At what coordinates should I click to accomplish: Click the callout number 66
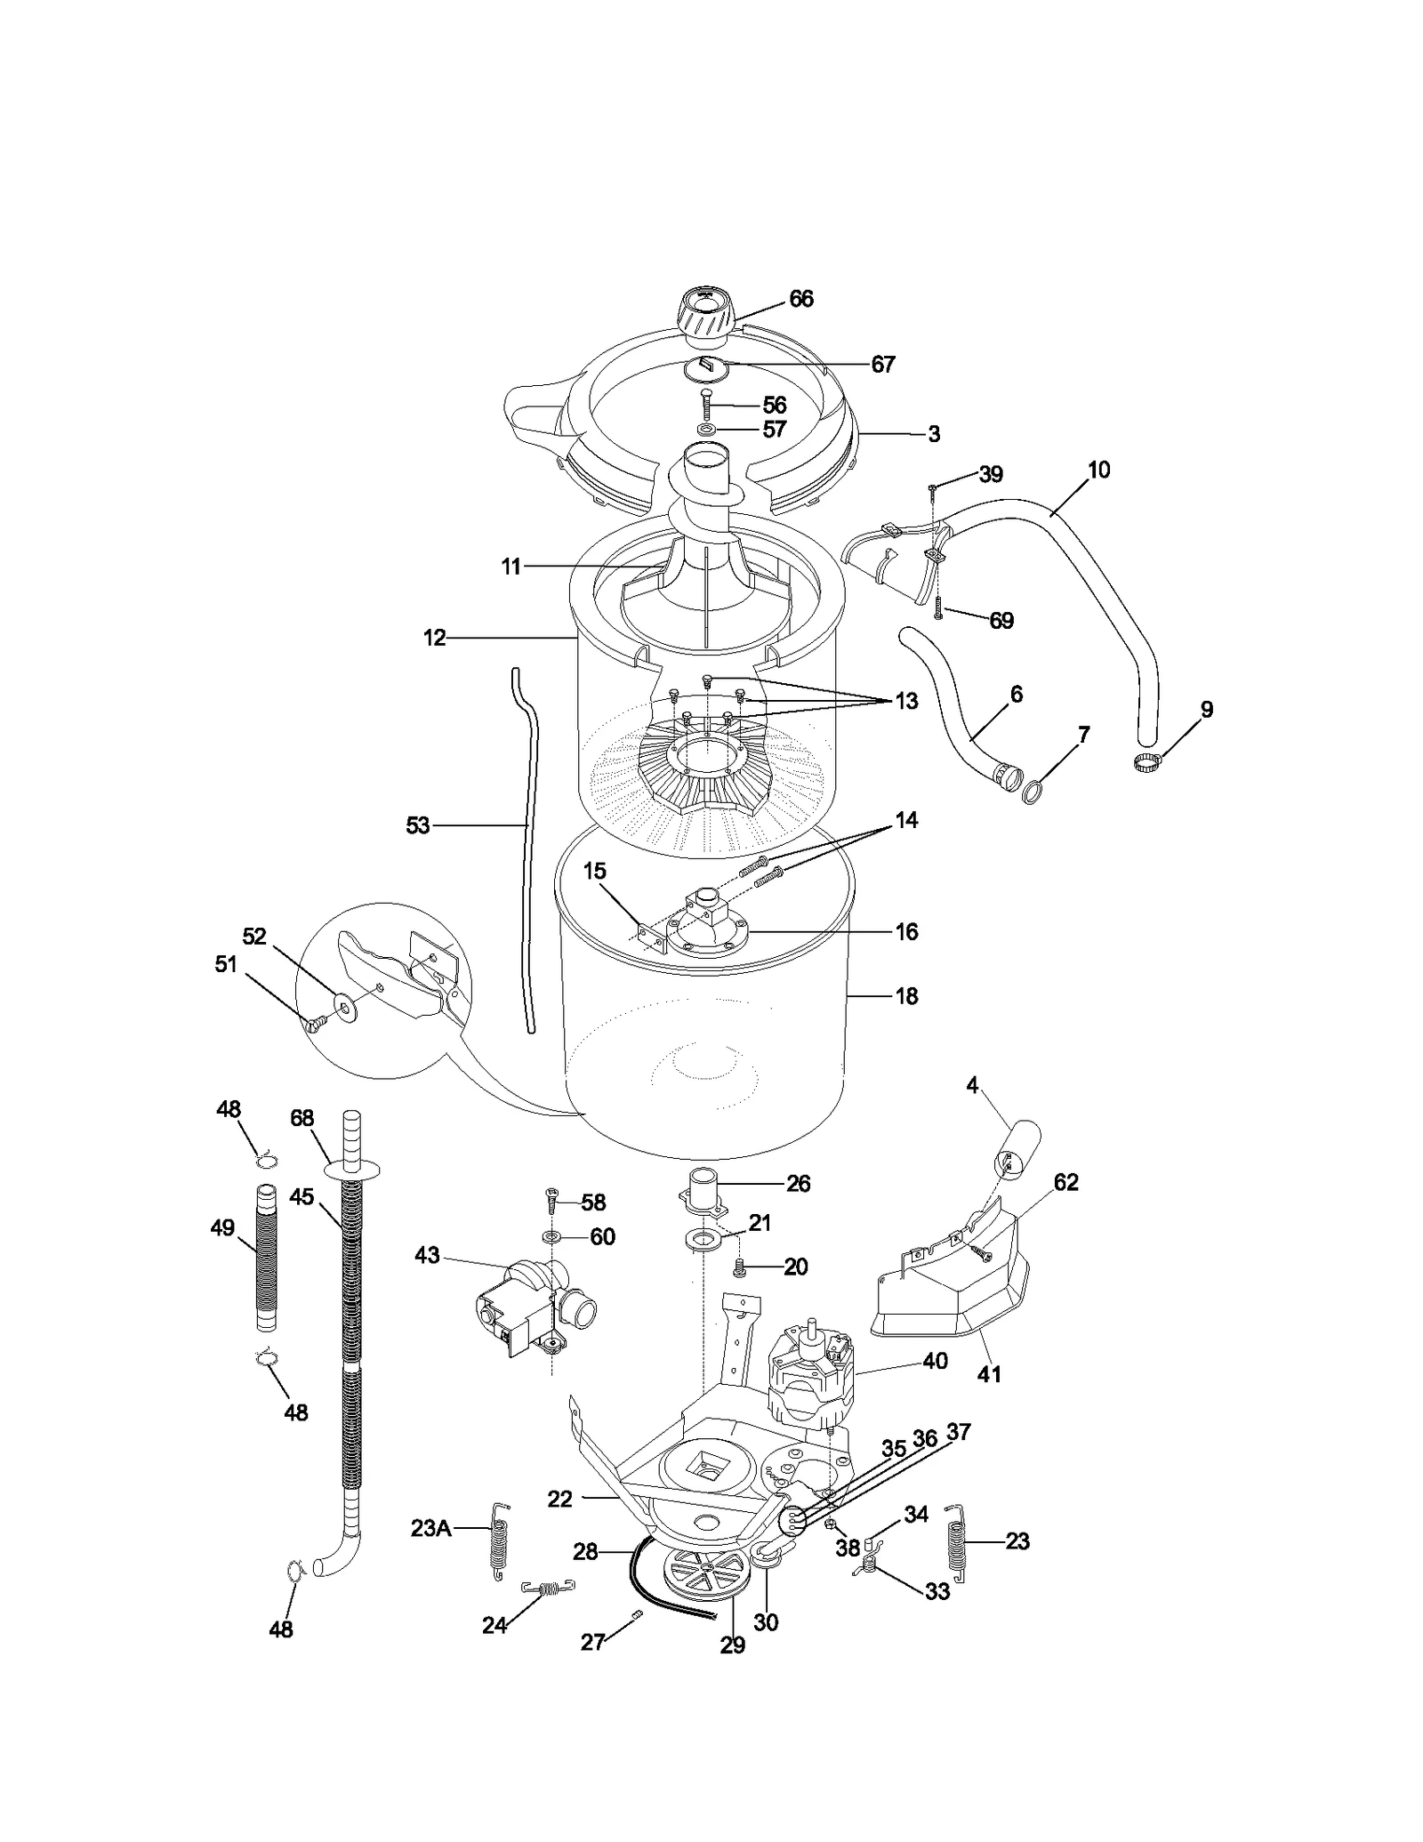pos(800,299)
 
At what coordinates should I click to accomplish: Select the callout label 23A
pos(430,1528)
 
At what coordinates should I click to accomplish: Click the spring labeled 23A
pos(500,1540)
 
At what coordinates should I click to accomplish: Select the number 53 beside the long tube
pos(417,825)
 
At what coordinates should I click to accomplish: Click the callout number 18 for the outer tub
pos(905,996)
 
